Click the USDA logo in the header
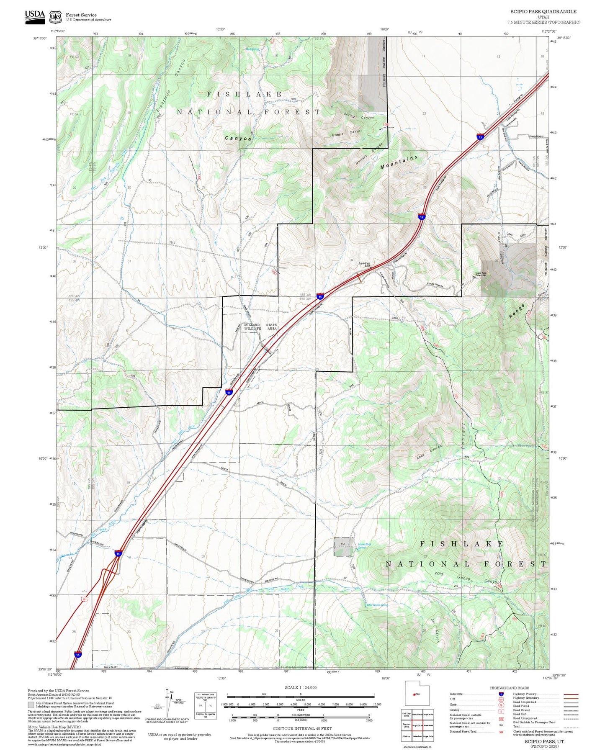35,16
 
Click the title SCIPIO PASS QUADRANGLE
543,12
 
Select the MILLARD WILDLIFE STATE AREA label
260,327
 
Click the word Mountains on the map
399,162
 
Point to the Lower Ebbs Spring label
364,545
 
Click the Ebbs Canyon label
429,452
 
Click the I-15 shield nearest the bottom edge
78,654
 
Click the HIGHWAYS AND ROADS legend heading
509,688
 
